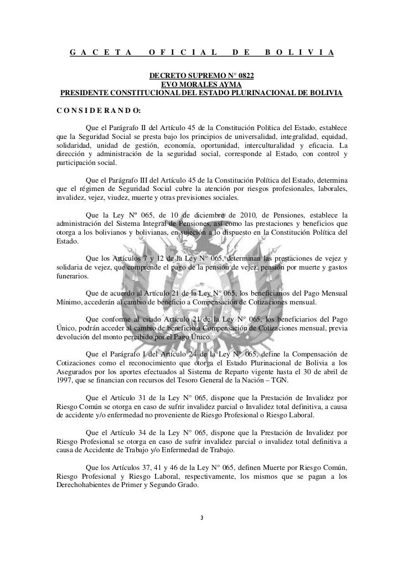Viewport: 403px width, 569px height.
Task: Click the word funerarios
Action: pos(71,275)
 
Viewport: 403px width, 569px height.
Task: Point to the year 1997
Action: pos(66,380)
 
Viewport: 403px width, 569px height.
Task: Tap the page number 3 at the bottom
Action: pos(201,519)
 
